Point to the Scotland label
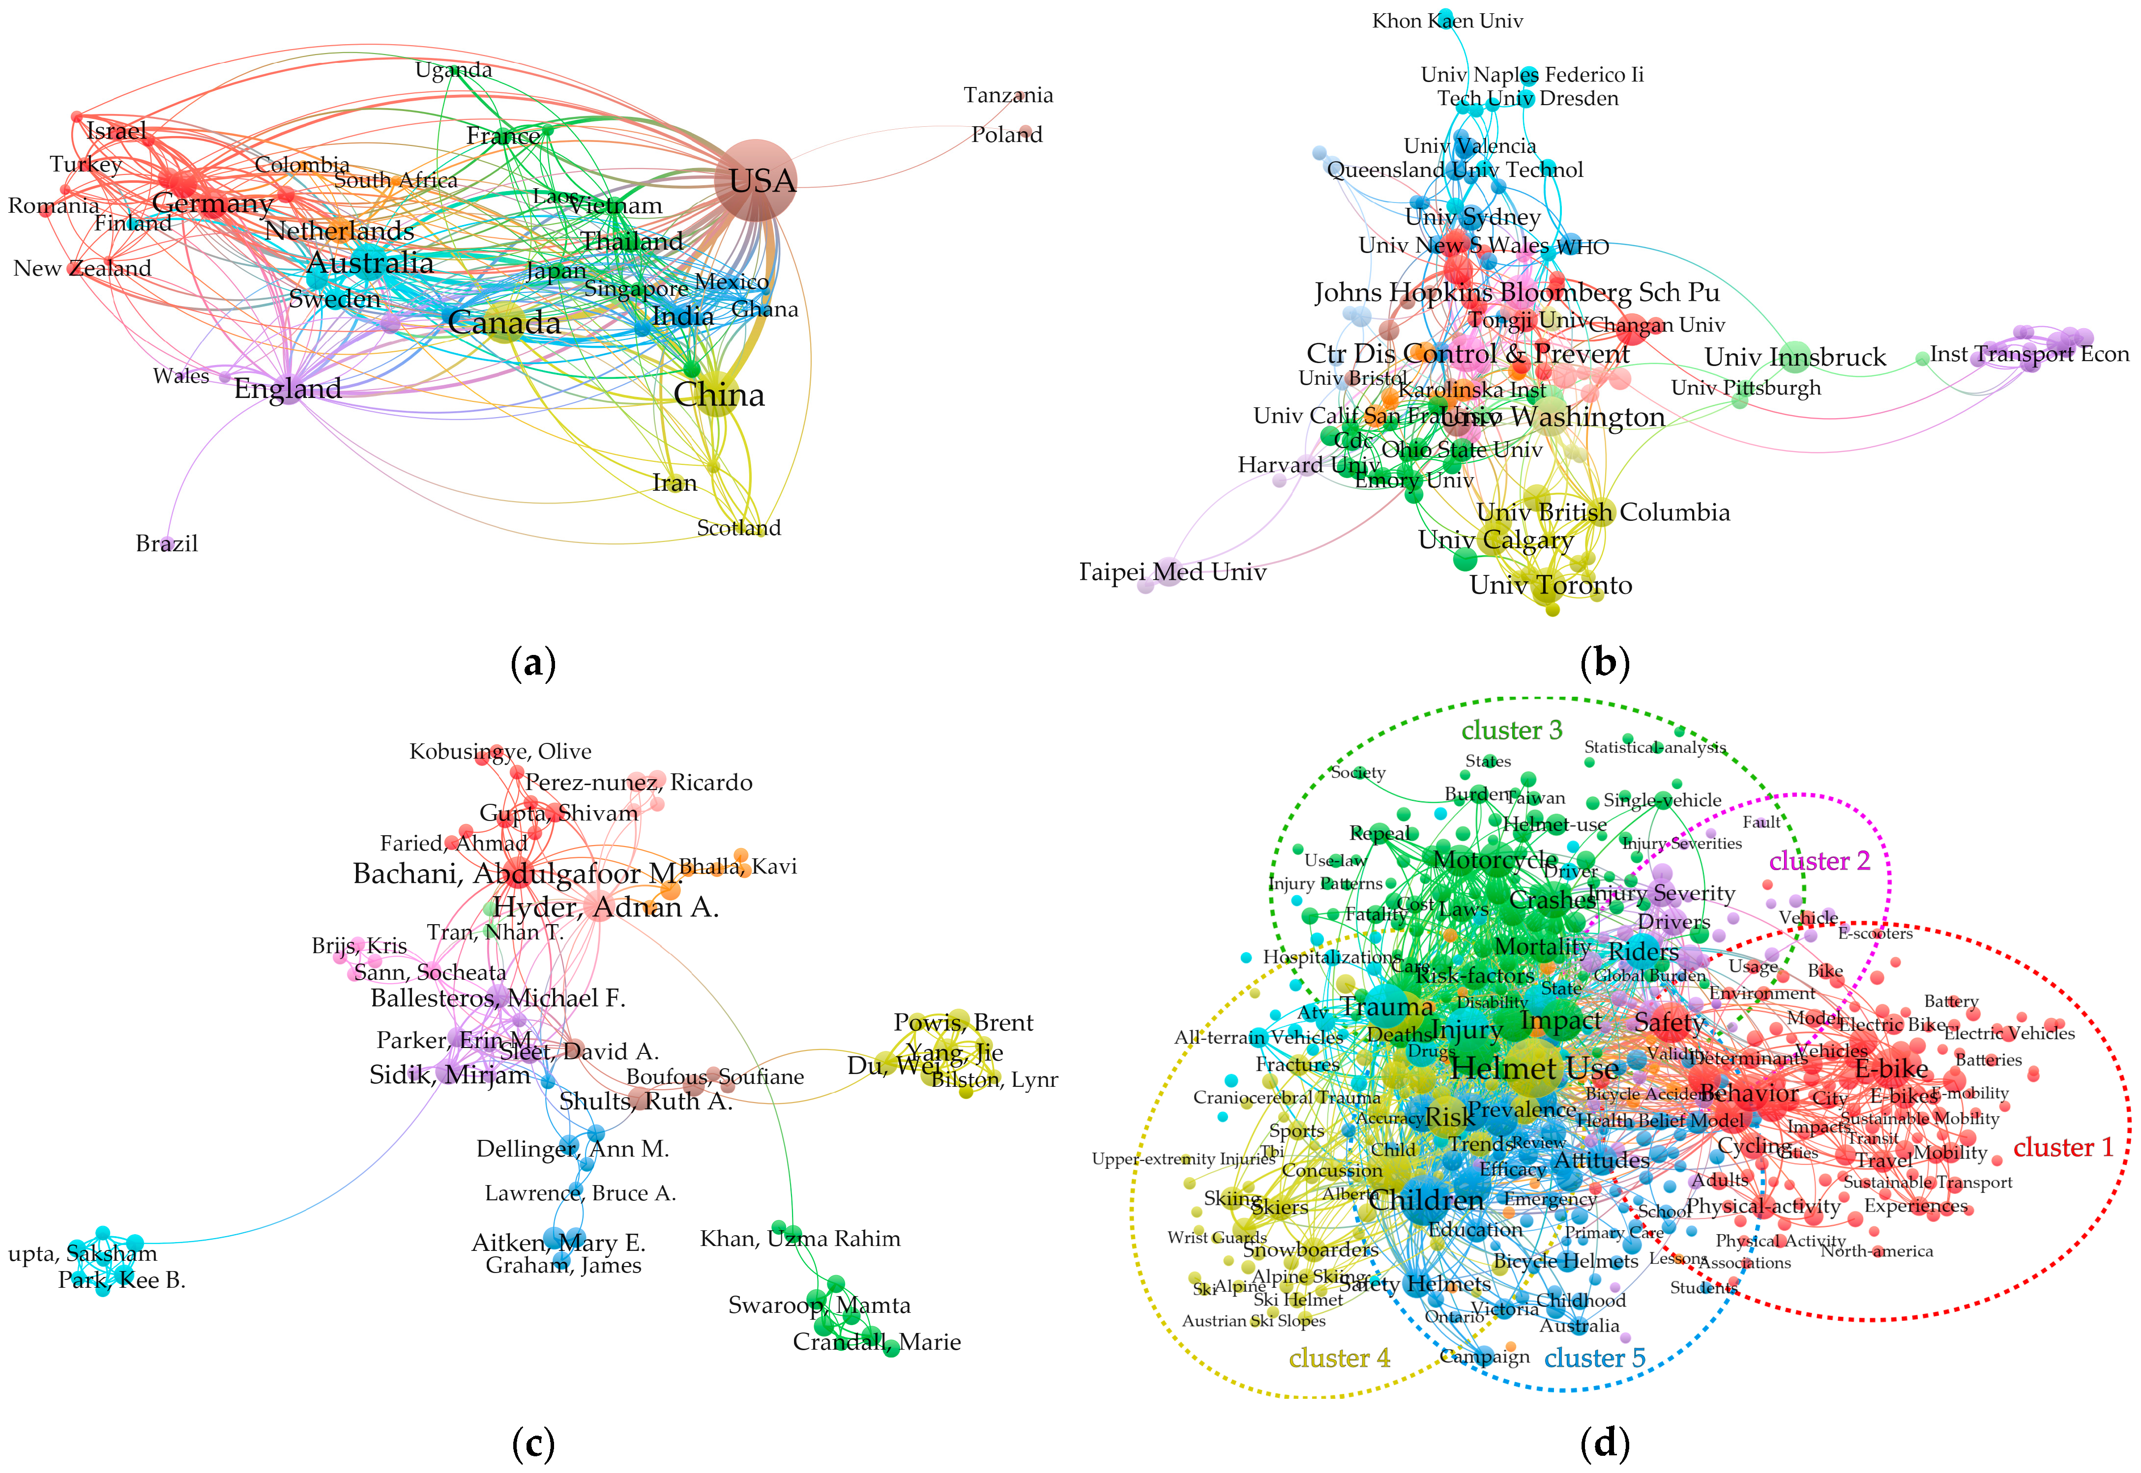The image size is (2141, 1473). [x=738, y=528]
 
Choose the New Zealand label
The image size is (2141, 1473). [x=82, y=269]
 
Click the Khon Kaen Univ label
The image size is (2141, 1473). [x=1447, y=20]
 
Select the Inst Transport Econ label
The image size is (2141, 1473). [x=2028, y=354]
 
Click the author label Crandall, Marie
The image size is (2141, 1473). [x=876, y=1342]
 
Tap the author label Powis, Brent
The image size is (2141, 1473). [x=963, y=1022]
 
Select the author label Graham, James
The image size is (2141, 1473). [x=563, y=1265]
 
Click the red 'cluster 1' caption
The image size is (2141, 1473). [x=2062, y=1147]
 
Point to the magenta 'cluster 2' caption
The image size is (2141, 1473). [x=1819, y=861]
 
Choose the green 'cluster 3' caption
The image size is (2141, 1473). [x=1511, y=730]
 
